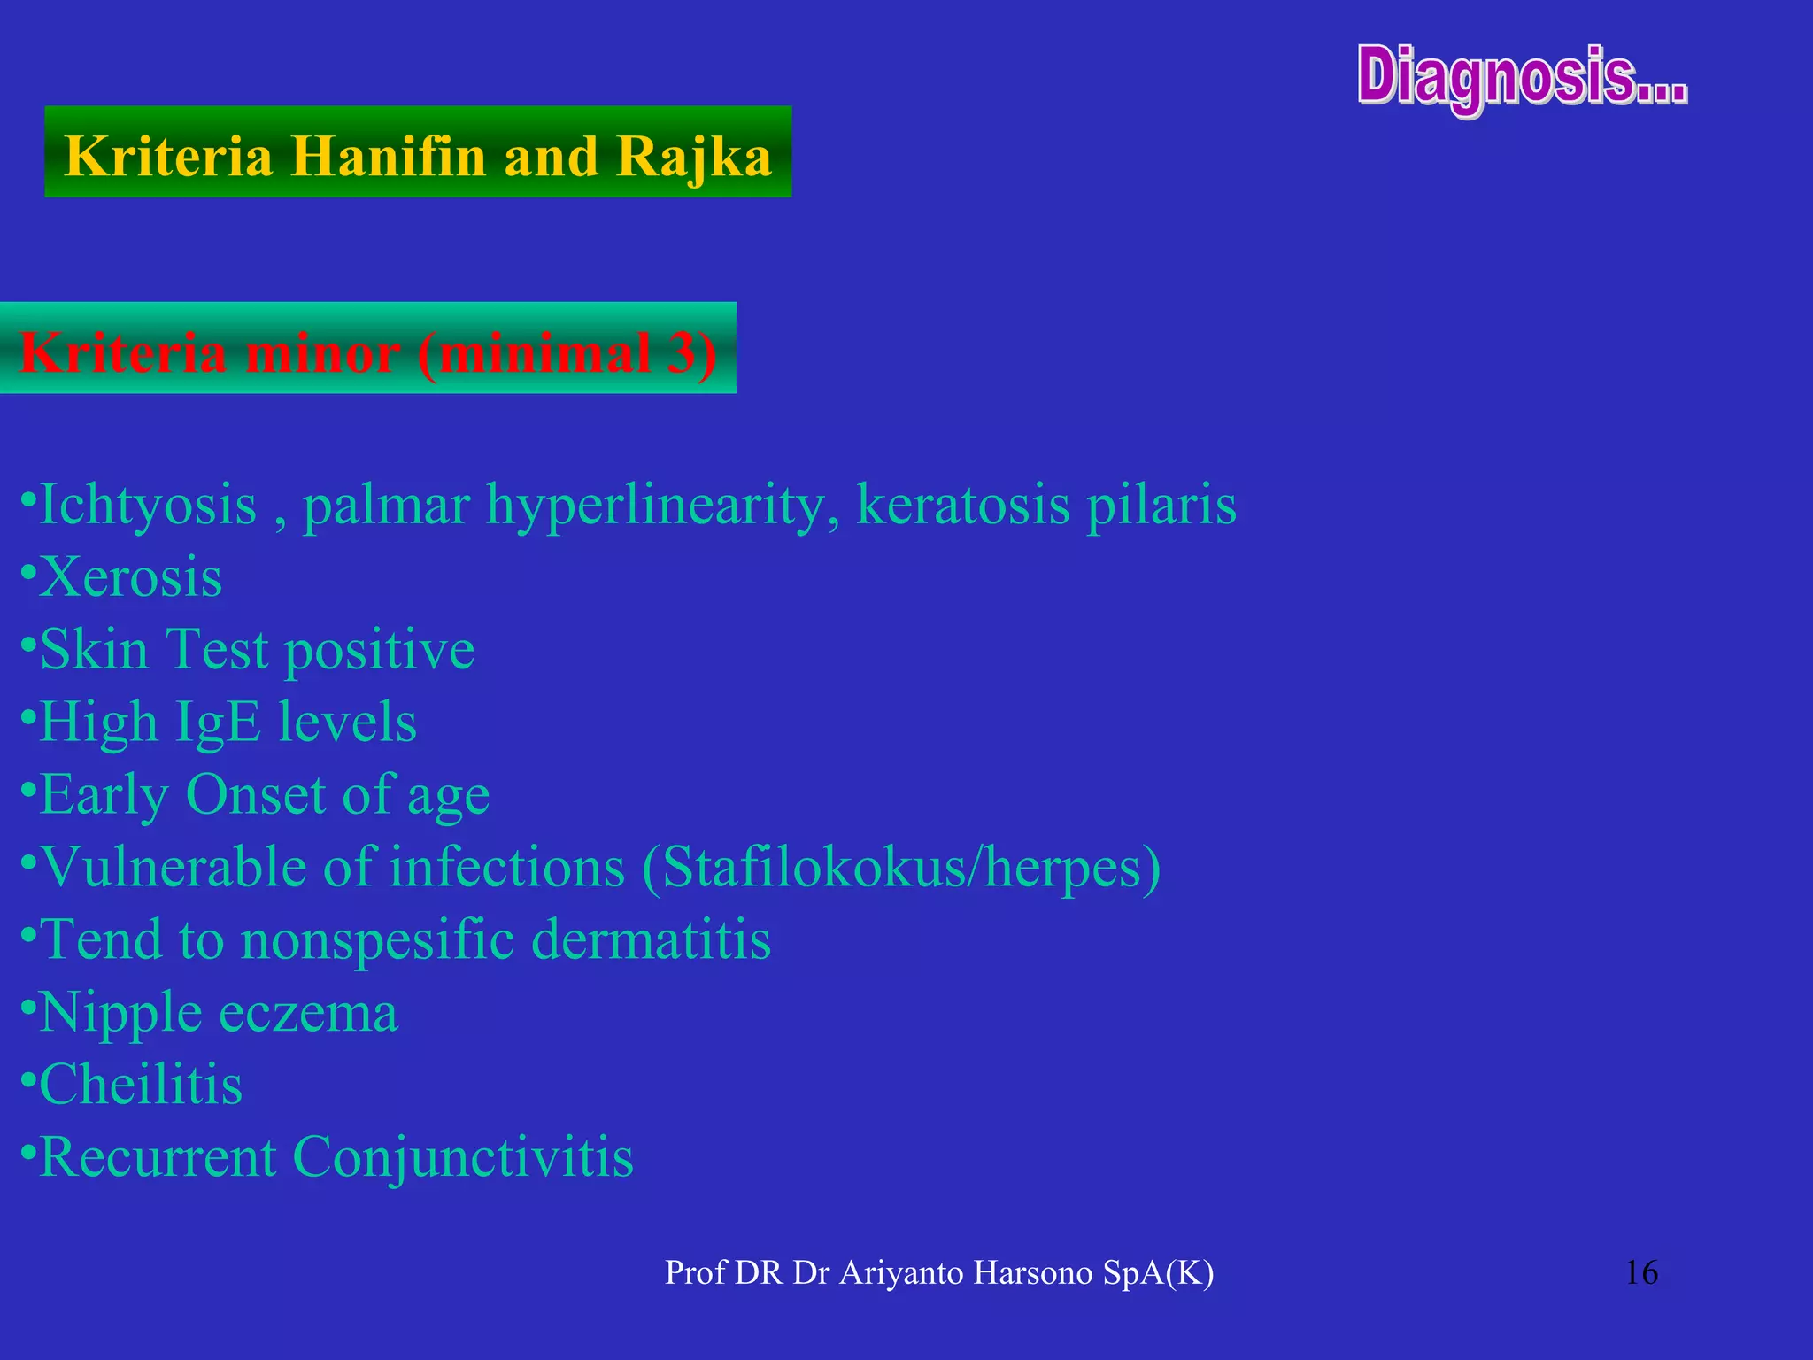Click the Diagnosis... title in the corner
[1522, 78]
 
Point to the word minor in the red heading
[322, 352]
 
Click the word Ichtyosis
[148, 505]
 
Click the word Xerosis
[130, 577]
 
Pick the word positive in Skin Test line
[380, 650]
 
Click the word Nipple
[120, 1012]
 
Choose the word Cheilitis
[141, 1084]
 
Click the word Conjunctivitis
[462, 1156]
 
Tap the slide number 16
[1641, 1273]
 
